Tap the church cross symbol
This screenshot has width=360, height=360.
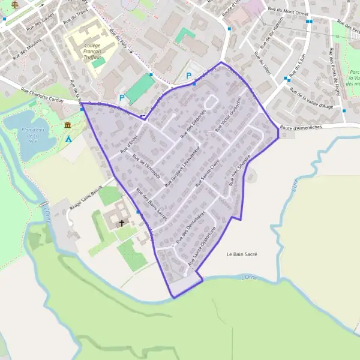tap(122, 223)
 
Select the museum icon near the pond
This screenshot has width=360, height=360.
tap(67, 125)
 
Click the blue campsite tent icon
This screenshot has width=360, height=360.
tap(69, 139)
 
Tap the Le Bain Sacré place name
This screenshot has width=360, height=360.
tap(242, 254)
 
